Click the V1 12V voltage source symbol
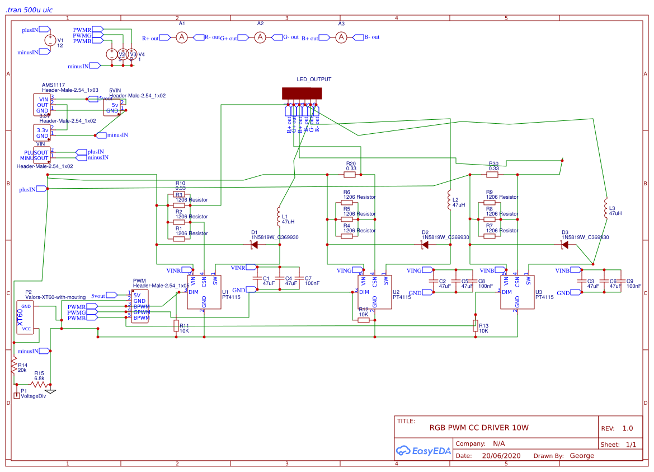50,40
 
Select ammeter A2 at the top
260,38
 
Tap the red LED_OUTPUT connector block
300,94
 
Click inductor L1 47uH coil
278,214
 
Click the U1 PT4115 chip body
204,292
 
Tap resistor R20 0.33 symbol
351,175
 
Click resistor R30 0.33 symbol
492,175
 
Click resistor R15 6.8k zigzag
39,384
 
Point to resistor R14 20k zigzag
14,365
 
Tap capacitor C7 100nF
301,278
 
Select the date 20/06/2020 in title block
501,456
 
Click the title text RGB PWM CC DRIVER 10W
478,428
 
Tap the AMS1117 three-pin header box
43,105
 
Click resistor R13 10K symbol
476,326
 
